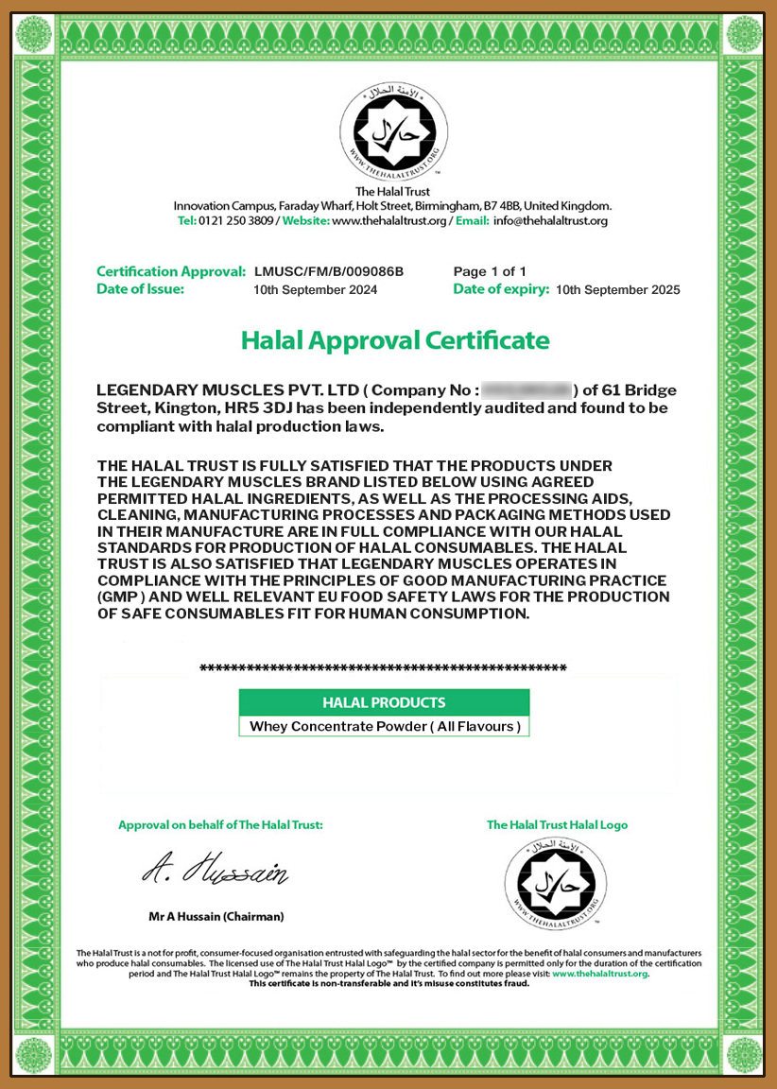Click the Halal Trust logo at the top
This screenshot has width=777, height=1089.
tap(393, 132)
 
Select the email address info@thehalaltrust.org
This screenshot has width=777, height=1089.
tap(550, 220)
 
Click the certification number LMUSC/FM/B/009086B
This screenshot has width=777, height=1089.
tap(329, 271)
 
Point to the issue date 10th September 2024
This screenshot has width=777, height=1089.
tap(316, 290)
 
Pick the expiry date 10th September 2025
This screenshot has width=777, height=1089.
tap(618, 290)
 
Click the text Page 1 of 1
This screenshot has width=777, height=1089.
tap(490, 271)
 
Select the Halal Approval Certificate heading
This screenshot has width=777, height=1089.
tap(395, 339)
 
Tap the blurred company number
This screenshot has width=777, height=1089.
tap(527, 390)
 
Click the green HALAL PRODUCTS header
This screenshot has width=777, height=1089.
tap(384, 702)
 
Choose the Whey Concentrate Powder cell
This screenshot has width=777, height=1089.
tap(384, 727)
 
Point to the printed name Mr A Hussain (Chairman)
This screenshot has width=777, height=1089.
tap(216, 916)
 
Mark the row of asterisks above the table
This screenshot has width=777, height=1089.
tap(383, 669)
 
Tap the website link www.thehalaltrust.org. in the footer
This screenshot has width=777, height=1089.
tap(600, 973)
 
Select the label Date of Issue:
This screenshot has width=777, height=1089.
tap(140, 289)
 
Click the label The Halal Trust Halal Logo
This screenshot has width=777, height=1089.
tap(557, 824)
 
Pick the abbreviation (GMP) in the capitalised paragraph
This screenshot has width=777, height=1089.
tap(126, 597)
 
